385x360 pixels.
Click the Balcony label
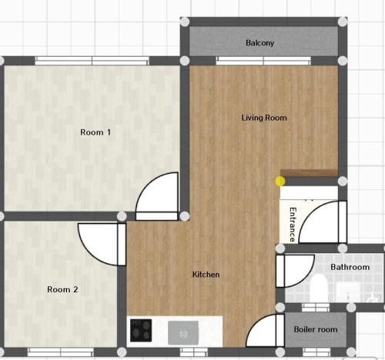(x=259, y=43)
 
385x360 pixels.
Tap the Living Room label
(x=264, y=118)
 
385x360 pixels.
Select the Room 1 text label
(x=95, y=132)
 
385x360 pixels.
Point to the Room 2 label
(x=62, y=289)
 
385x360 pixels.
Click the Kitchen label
(x=206, y=275)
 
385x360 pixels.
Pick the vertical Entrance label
(x=293, y=225)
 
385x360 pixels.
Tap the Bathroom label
(x=350, y=267)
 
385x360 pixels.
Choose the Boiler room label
(x=316, y=329)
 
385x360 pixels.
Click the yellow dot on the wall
(x=280, y=182)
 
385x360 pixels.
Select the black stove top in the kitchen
(x=141, y=330)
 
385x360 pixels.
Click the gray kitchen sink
(x=183, y=333)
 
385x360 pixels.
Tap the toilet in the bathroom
(x=318, y=288)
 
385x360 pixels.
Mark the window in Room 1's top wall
(x=92, y=61)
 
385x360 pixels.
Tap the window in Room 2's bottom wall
(x=61, y=352)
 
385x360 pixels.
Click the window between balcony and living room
(x=263, y=61)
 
